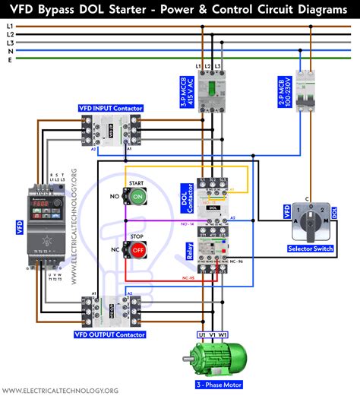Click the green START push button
click(x=137, y=196)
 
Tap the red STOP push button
click(x=137, y=249)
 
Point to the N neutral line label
click(x=9, y=52)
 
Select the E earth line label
click(x=9, y=61)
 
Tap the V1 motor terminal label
click(x=213, y=334)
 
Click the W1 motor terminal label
click(x=225, y=334)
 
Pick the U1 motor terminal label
click(x=203, y=334)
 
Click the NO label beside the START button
click(x=114, y=196)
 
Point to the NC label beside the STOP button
click(x=114, y=249)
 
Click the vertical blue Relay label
click(x=188, y=244)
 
